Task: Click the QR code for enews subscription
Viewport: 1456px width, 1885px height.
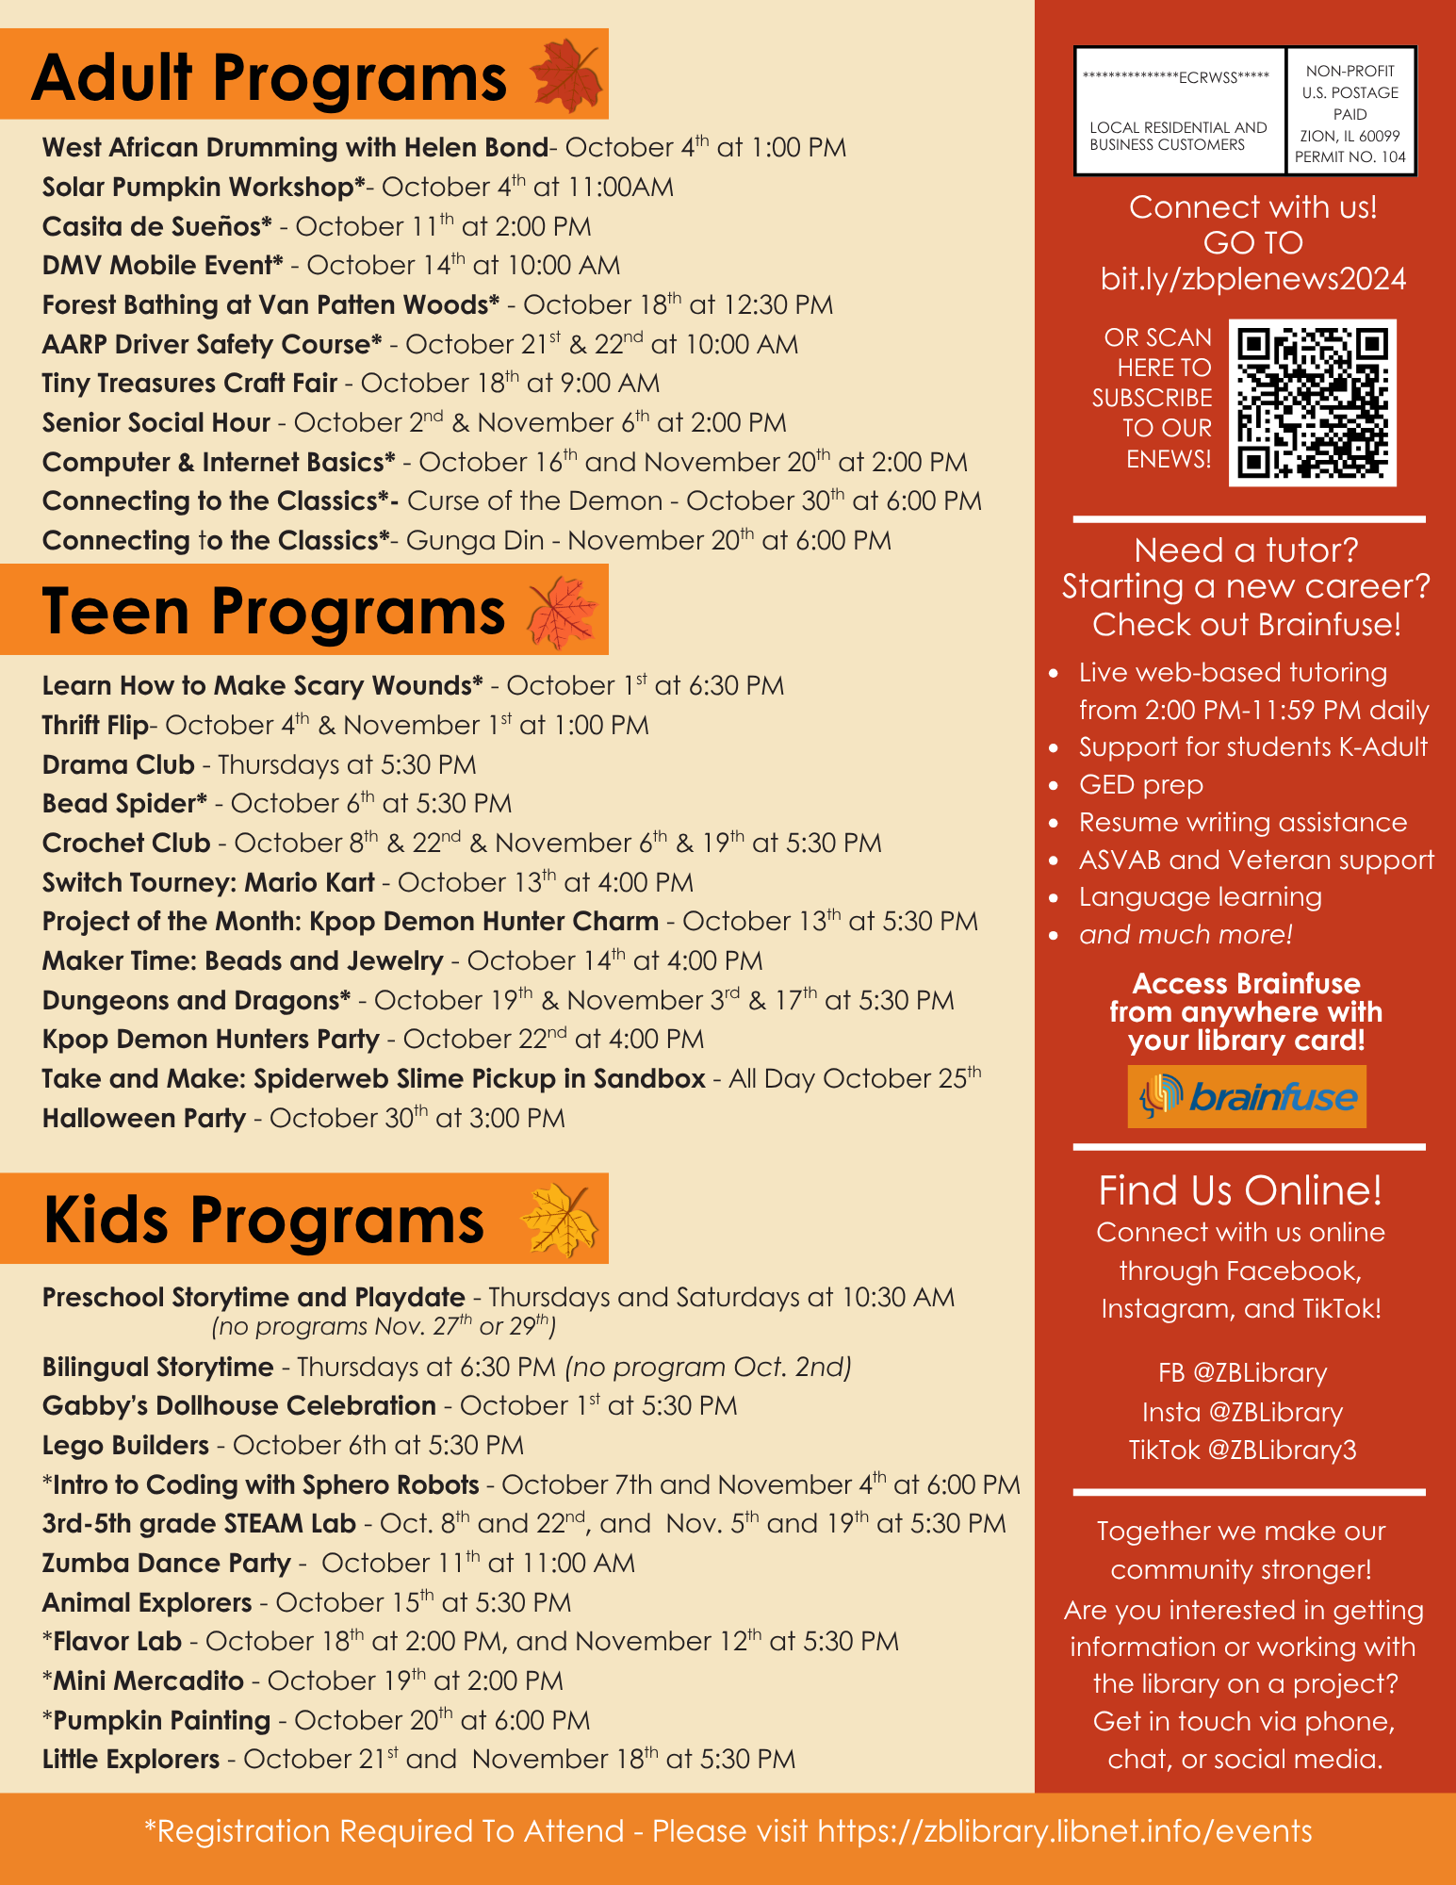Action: coord(1312,402)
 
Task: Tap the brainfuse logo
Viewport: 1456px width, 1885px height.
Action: coord(1246,1096)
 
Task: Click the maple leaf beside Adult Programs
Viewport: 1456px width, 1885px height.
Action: coord(566,75)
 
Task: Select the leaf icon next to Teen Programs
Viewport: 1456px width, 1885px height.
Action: coord(563,613)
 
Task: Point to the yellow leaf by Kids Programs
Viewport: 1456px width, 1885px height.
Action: coord(560,1220)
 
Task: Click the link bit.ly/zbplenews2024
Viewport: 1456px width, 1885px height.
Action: coord(1252,279)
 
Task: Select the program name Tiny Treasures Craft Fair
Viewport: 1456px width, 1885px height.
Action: coord(189,384)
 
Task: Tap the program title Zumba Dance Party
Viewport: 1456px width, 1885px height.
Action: coord(166,1564)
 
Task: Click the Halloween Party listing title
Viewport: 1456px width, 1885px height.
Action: coord(143,1119)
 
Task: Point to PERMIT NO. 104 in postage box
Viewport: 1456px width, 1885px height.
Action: coord(1350,157)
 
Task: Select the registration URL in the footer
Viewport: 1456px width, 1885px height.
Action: coord(1064,1831)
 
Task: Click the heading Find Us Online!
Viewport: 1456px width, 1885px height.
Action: coord(1240,1190)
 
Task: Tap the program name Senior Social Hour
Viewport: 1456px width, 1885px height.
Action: coord(155,423)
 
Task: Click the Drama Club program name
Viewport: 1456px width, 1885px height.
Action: coord(118,764)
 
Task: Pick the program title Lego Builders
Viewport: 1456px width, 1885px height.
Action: coord(125,1446)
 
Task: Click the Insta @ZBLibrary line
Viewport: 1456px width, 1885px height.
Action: coord(1242,1412)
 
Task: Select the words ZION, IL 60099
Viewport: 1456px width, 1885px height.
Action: coord(1350,136)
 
